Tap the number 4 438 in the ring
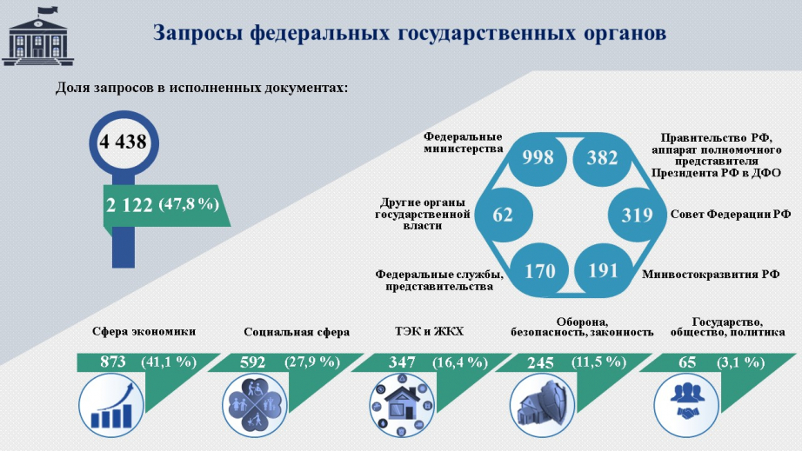point(123,142)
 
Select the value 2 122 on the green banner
point(130,205)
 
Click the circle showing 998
point(538,158)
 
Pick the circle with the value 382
point(602,158)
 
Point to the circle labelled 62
point(504,215)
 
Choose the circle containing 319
point(637,215)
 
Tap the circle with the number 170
point(540,271)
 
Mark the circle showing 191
point(603,271)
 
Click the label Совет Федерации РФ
point(731,215)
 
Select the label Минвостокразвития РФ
point(711,275)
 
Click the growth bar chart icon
point(111,406)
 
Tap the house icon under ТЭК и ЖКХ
point(402,406)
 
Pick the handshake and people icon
point(687,406)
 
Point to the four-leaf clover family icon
point(255,406)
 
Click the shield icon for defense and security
point(542,406)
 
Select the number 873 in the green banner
point(113,362)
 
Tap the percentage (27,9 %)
point(312,362)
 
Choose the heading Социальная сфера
point(297,333)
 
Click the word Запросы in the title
point(197,33)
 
